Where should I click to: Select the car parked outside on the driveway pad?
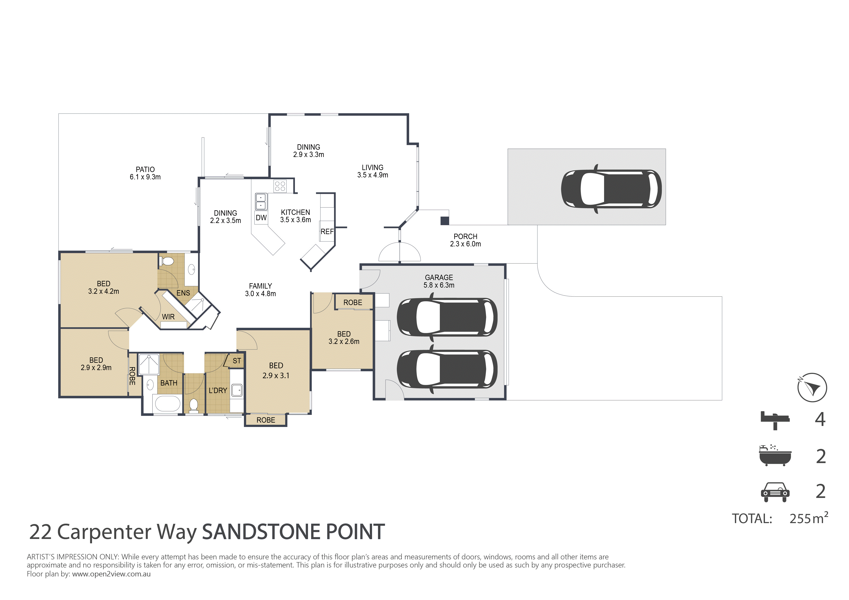[x=611, y=189]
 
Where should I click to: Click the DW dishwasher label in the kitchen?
[x=261, y=218]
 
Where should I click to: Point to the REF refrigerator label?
[x=327, y=232]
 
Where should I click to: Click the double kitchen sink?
[x=261, y=201]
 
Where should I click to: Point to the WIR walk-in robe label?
[x=168, y=317]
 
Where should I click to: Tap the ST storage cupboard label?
[x=237, y=361]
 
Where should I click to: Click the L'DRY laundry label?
[x=218, y=390]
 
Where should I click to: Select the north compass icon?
[x=812, y=388]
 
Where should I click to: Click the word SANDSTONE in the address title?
[x=261, y=532]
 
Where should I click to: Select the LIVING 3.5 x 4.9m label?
[x=372, y=171]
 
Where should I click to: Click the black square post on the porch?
[x=444, y=221]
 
